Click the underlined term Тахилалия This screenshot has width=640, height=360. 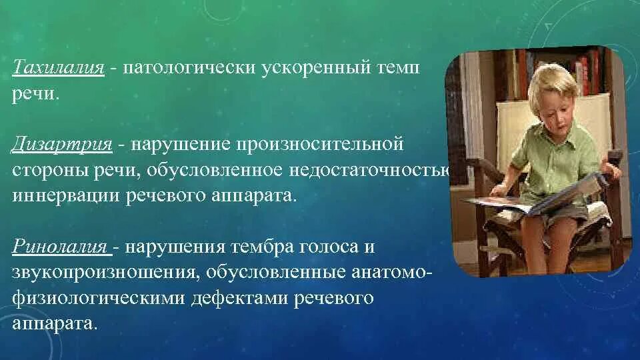59,67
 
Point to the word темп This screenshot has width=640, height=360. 397,68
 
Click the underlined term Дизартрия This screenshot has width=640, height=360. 61,144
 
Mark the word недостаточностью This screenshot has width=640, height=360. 369,170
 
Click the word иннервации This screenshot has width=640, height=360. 66,195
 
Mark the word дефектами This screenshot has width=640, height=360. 239,299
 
